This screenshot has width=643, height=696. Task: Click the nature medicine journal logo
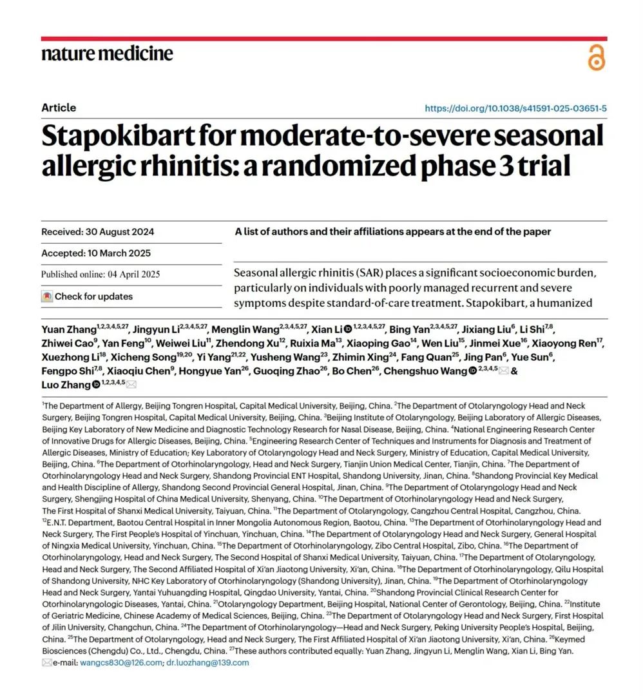(x=107, y=53)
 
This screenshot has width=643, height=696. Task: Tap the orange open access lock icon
(x=597, y=58)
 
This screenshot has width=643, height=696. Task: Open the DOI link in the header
(x=515, y=108)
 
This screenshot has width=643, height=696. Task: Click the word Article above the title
(x=59, y=108)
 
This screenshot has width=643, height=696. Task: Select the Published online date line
(x=101, y=275)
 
